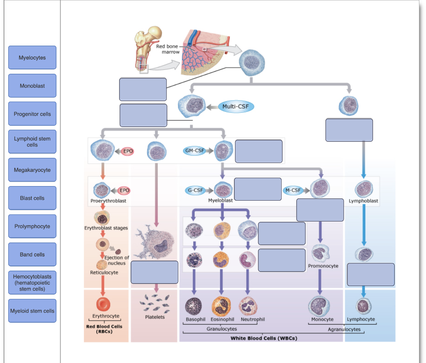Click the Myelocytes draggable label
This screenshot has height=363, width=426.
32,58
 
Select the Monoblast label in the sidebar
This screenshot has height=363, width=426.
32,86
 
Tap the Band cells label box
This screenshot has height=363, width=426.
32,254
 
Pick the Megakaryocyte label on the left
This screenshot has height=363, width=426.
32,170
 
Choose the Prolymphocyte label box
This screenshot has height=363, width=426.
32,226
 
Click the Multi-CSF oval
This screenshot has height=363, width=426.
236,106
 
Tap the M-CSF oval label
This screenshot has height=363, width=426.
292,190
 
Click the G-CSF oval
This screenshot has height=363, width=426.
195,190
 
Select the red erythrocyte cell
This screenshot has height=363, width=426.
103,305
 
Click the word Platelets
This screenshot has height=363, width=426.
155,317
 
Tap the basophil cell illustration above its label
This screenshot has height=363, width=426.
193,306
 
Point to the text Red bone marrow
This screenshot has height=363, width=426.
168,49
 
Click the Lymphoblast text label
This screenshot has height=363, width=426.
364,201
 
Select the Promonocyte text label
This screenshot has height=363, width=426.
323,266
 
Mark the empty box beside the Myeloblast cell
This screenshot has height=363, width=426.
258,189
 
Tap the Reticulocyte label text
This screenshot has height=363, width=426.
104,273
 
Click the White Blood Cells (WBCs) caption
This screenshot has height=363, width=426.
264,338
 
